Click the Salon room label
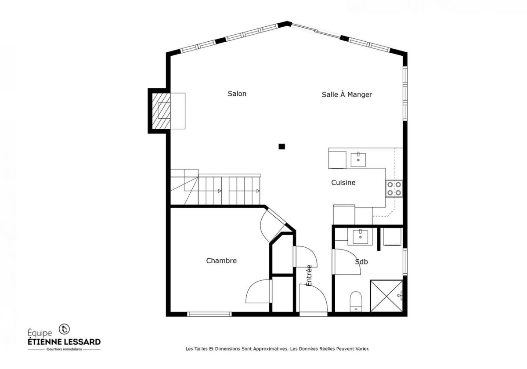[x=237, y=94]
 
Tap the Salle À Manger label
[x=347, y=94]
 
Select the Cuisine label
[x=343, y=182]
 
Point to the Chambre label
[x=221, y=260]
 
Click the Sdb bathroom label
[x=361, y=262]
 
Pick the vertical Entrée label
[x=309, y=275]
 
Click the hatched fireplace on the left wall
[x=161, y=110]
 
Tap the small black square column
[x=282, y=146]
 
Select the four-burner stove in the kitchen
[x=394, y=188]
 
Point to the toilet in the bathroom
[x=355, y=300]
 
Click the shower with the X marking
[x=386, y=296]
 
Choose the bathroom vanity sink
[x=360, y=237]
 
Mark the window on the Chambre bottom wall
[x=209, y=314]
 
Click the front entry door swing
[x=313, y=299]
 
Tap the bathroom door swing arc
[x=347, y=262]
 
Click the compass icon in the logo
[x=65, y=328]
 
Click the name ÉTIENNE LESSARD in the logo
[x=64, y=341]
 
